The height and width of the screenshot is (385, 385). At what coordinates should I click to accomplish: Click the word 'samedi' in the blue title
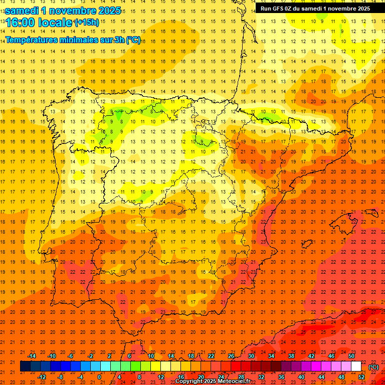click(x=23, y=11)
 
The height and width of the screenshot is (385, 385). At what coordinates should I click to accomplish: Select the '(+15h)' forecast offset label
click(x=87, y=22)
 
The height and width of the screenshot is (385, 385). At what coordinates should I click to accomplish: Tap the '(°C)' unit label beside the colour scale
click(x=373, y=367)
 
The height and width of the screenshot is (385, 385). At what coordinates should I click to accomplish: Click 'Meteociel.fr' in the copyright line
click(x=232, y=381)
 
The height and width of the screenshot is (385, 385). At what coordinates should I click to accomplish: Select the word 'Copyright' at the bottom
click(x=188, y=381)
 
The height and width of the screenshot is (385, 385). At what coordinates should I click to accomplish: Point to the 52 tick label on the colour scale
click(x=361, y=376)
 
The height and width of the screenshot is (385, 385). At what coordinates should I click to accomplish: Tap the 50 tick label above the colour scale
click(x=351, y=356)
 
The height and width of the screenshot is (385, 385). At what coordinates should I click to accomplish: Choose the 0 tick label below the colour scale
click(x=99, y=376)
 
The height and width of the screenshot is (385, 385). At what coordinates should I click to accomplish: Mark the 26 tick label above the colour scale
click(x=231, y=356)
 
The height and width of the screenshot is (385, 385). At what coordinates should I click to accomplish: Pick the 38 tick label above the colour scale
click(x=291, y=356)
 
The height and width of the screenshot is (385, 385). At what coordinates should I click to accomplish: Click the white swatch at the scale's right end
click(x=356, y=366)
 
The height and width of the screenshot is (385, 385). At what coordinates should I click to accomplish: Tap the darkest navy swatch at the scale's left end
click(x=25, y=366)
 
